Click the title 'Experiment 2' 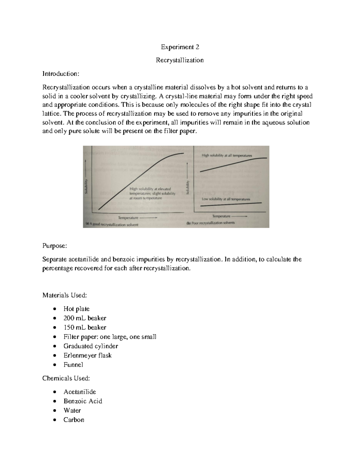180,47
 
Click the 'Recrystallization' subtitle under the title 180,60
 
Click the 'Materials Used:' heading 64,295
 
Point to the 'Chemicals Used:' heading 66,378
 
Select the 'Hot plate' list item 76,309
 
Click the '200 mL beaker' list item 85,318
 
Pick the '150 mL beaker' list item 85,327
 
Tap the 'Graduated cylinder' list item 91,346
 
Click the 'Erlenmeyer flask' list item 87,355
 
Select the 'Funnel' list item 73,365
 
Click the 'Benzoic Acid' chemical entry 82,401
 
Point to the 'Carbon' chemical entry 73,419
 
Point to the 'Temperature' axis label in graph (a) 128,218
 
